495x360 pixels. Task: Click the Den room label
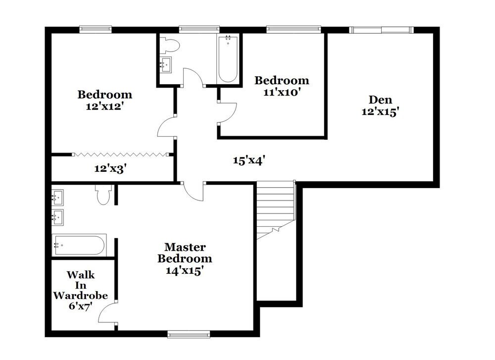tap(380, 100)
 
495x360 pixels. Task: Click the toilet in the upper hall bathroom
tap(171, 46)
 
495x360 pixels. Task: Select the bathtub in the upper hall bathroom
tap(227, 59)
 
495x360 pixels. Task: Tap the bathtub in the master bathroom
tap(79, 245)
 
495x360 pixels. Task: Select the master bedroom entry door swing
tap(195, 191)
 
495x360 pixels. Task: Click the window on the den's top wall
tap(381, 30)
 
